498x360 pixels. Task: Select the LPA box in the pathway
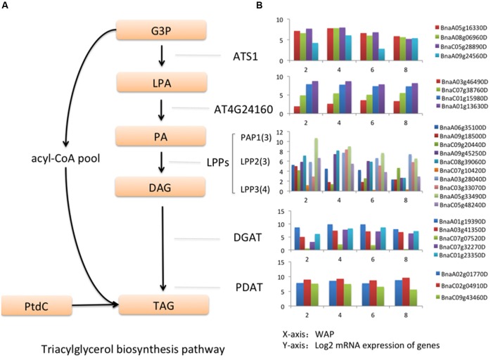click(x=162, y=83)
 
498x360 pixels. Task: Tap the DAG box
click(x=162, y=186)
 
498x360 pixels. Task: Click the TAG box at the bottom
click(x=162, y=305)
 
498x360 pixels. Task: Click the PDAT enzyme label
click(x=248, y=287)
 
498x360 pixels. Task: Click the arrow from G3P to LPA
click(x=162, y=56)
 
